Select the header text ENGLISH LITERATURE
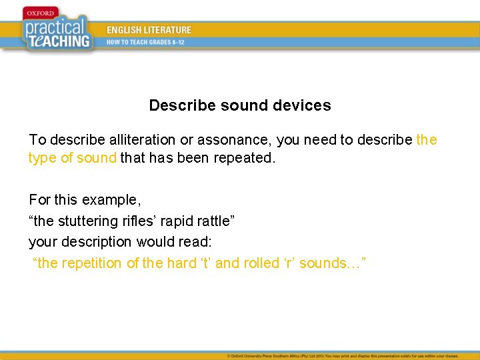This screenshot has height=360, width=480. point(149,30)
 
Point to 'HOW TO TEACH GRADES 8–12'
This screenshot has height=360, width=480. point(146,42)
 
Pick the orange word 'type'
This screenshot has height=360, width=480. point(42,158)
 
